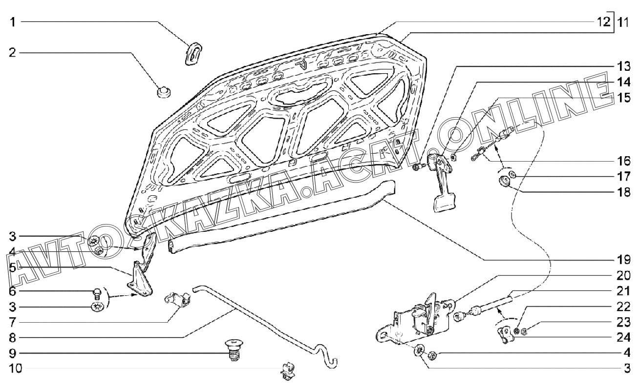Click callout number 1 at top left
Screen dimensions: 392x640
click(14, 22)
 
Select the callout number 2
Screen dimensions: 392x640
click(14, 52)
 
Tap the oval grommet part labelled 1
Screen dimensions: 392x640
click(195, 53)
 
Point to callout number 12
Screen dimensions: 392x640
click(603, 21)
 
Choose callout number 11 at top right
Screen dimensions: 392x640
click(622, 21)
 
